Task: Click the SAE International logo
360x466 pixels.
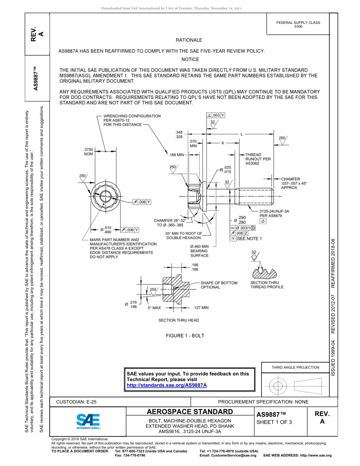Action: (x=88, y=421)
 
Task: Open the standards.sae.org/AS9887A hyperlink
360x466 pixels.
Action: (x=166, y=385)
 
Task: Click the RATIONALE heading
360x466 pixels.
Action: (x=189, y=40)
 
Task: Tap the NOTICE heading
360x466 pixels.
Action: (x=190, y=59)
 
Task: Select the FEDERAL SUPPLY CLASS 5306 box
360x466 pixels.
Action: (x=298, y=25)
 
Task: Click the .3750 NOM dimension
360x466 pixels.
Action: (x=88, y=152)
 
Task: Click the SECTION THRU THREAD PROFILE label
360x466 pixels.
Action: (x=267, y=285)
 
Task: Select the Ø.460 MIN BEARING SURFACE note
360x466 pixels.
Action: (x=199, y=251)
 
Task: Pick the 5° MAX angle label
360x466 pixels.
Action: (x=154, y=308)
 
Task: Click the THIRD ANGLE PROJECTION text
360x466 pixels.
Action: (x=295, y=367)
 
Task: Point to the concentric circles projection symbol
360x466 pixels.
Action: (x=278, y=386)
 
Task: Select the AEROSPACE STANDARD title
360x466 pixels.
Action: (x=190, y=412)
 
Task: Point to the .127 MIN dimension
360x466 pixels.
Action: (x=200, y=308)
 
